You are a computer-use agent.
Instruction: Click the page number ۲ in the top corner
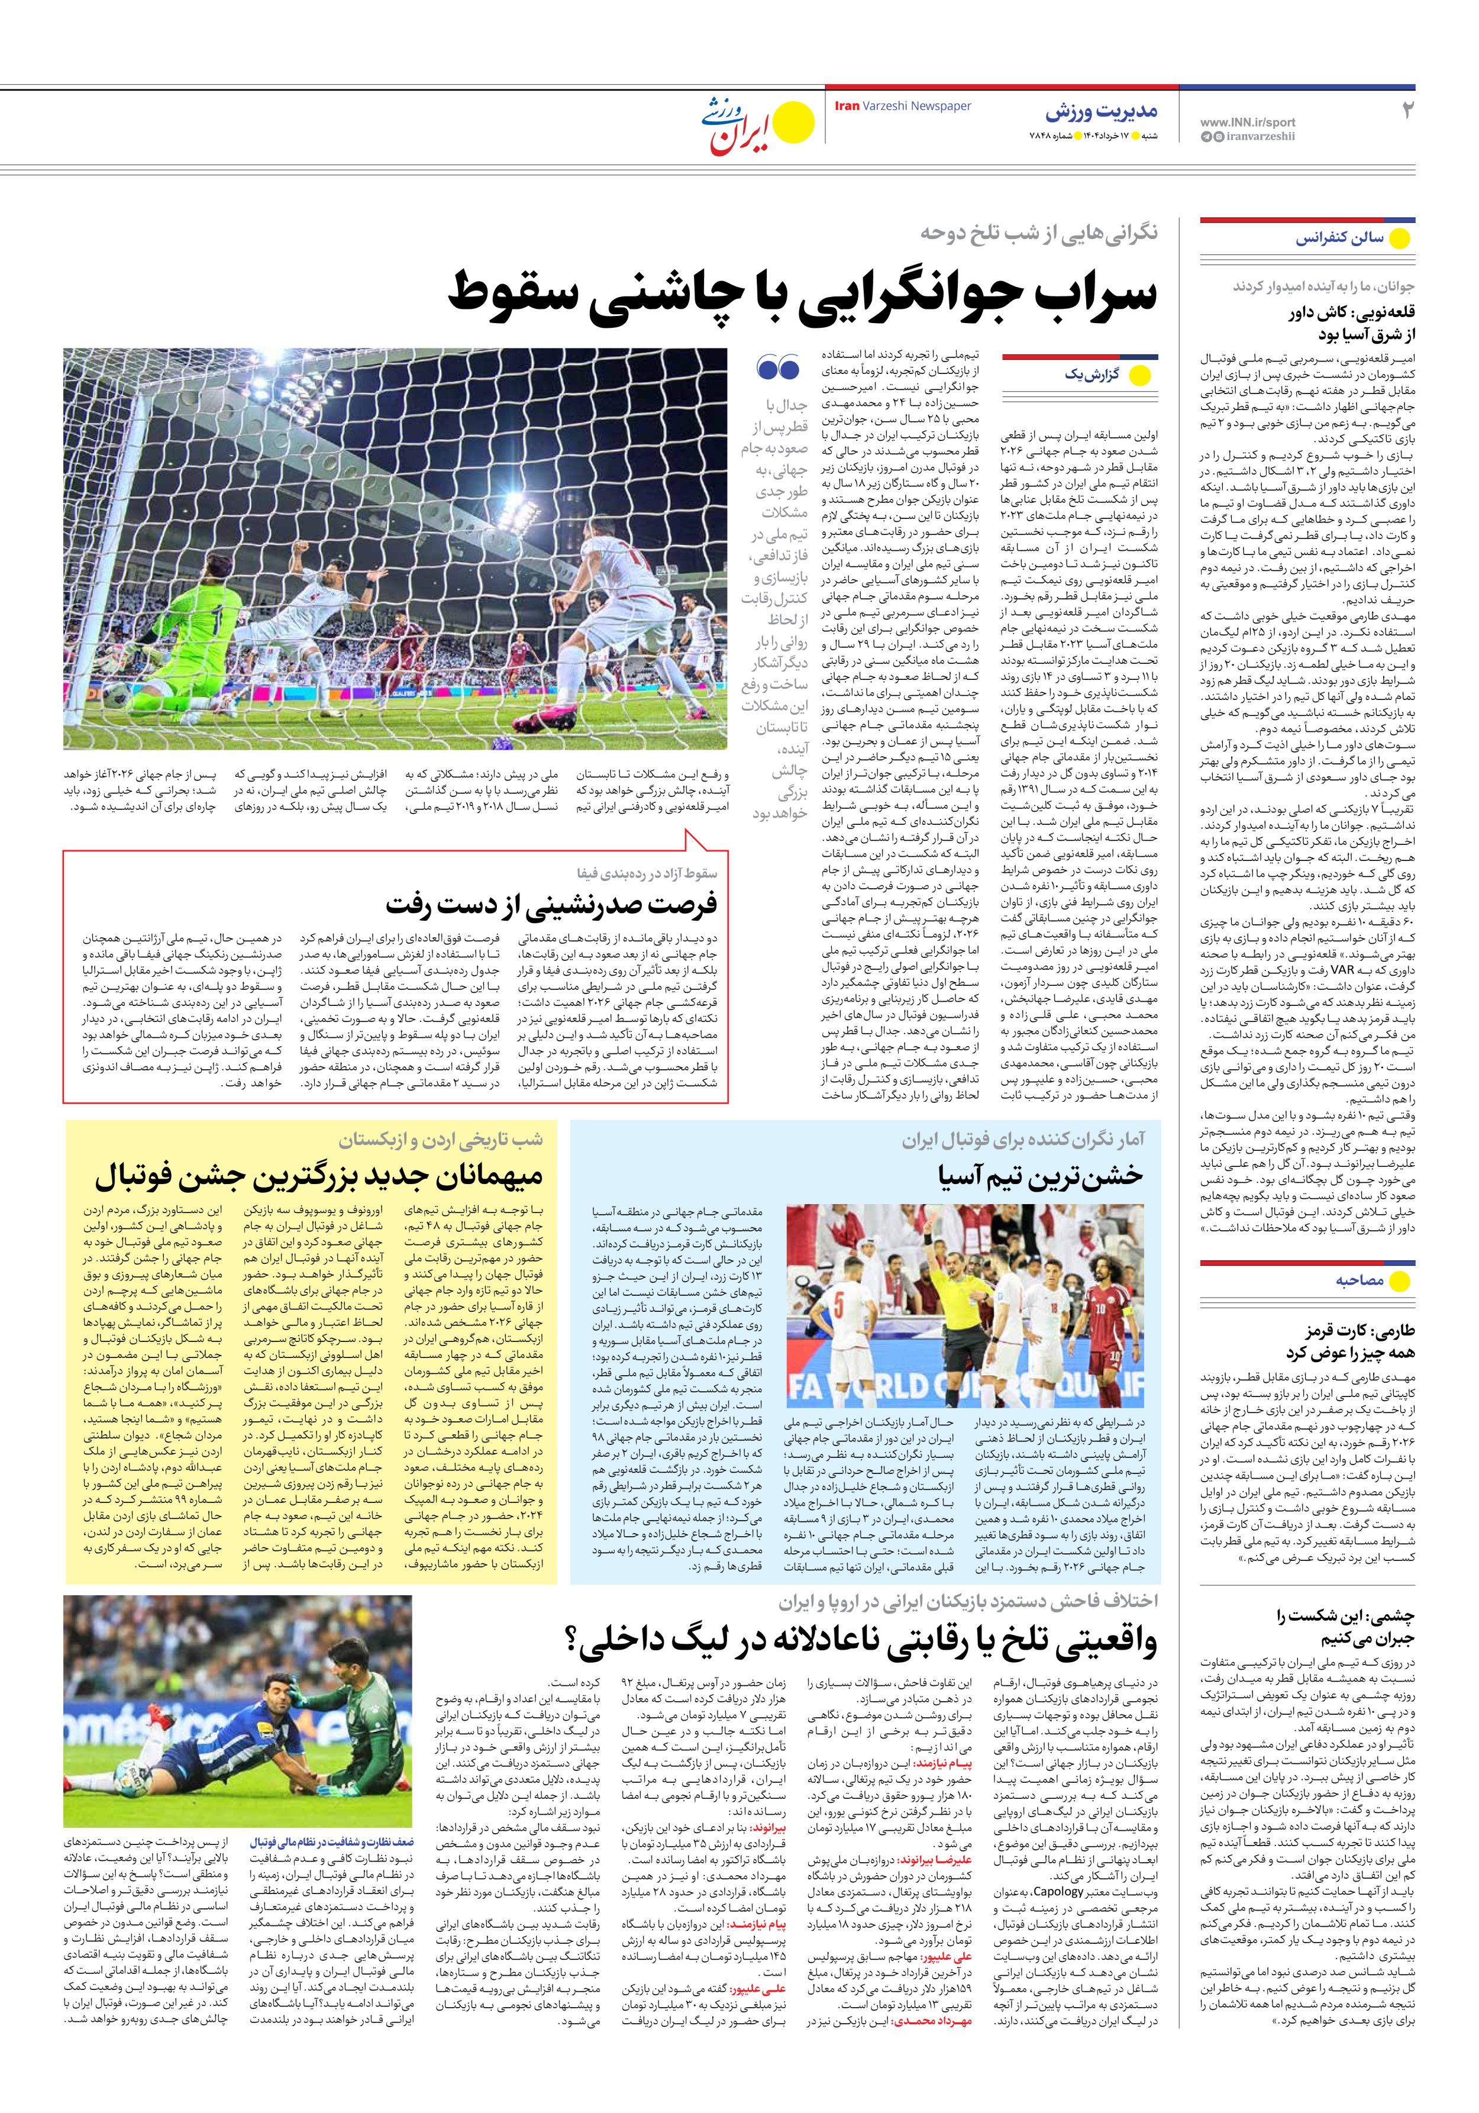(x=1406, y=111)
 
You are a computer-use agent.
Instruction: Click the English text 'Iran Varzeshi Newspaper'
(x=902, y=106)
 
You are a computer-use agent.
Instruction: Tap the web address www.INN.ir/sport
(x=1247, y=121)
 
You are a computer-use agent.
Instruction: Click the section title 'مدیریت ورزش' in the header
(x=1101, y=112)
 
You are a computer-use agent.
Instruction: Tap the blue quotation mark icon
(x=778, y=368)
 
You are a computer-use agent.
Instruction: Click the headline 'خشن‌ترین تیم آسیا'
(x=1041, y=1176)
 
